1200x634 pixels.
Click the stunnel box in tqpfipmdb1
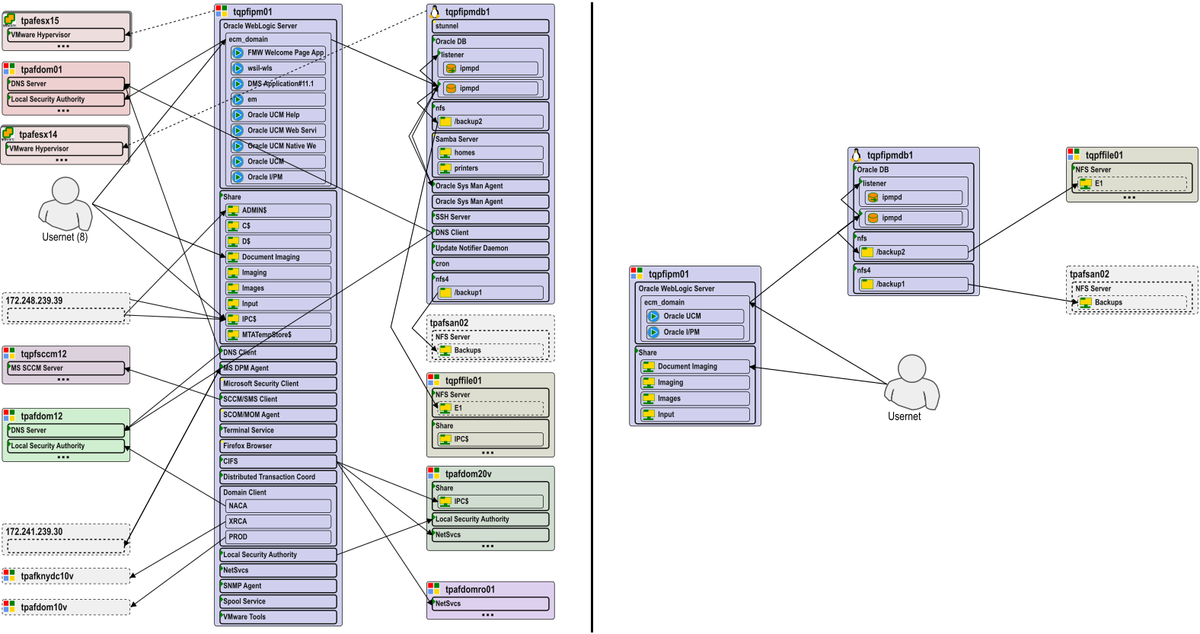[490, 26]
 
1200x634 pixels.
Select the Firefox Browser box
[278, 446]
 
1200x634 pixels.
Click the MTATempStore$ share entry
[279, 335]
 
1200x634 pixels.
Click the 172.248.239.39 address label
[35, 301]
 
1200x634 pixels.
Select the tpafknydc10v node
[47, 576]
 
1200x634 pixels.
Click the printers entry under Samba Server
[490, 168]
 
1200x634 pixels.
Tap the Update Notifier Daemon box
[490, 248]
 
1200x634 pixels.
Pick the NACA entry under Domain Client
[279, 506]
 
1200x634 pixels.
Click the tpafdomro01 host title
[470, 589]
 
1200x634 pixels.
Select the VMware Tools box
[278, 617]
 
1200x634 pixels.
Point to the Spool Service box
[278, 601]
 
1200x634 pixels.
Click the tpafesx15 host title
[40, 21]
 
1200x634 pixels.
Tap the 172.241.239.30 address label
[35, 532]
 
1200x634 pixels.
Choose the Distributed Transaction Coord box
[278, 477]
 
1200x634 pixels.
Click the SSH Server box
[490, 217]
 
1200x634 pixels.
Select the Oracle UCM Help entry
[279, 115]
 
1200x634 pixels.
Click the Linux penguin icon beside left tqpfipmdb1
[435, 11]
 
